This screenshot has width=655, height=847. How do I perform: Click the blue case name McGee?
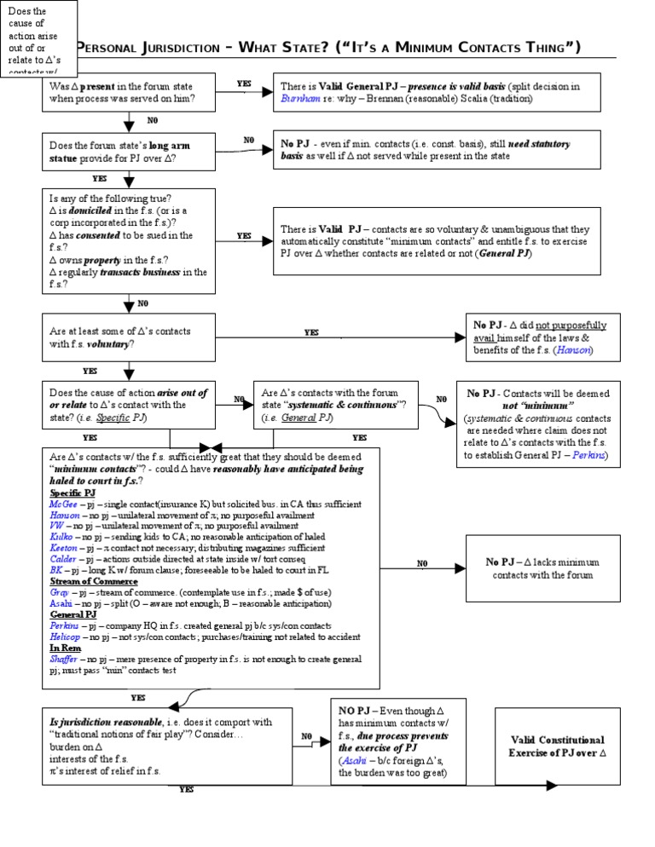click(x=65, y=504)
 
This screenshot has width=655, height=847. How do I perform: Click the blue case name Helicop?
click(x=67, y=637)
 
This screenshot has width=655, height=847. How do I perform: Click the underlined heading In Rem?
click(x=65, y=648)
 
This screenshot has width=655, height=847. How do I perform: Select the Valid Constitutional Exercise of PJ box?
click(x=557, y=746)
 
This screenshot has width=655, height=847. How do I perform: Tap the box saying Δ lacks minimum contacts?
click(x=554, y=568)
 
